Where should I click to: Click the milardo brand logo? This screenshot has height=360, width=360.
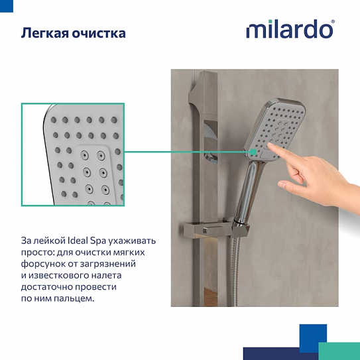click(289, 30)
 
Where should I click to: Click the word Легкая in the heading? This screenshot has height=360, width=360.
click(44, 32)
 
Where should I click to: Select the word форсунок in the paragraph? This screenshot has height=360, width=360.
click(45, 264)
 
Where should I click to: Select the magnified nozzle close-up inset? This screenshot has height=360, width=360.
click(72, 153)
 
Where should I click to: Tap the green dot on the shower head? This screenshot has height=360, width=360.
click(253, 152)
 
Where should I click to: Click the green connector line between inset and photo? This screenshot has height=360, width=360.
click(186, 152)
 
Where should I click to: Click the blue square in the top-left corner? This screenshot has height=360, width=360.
click(6, 5)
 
